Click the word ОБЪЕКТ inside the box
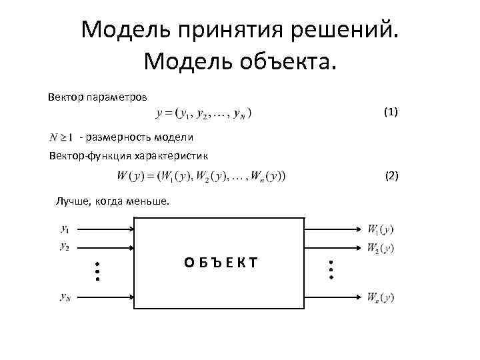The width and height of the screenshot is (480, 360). point(221,263)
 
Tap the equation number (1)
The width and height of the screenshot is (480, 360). point(391,111)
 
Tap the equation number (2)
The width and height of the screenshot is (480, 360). point(391,176)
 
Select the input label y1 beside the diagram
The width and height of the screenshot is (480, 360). point(65,229)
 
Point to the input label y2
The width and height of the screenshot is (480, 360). point(65,247)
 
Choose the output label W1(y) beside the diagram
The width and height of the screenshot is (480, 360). point(381,229)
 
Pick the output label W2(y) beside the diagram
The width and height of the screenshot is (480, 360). point(381,248)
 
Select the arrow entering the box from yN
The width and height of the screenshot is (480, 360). point(107,295)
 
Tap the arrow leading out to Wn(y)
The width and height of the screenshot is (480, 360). point(333,295)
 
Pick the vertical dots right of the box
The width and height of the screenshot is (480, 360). point(331,269)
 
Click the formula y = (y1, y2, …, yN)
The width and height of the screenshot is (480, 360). point(203,113)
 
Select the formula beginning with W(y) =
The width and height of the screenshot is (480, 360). point(201,176)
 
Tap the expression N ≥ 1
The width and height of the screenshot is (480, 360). point(61,138)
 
